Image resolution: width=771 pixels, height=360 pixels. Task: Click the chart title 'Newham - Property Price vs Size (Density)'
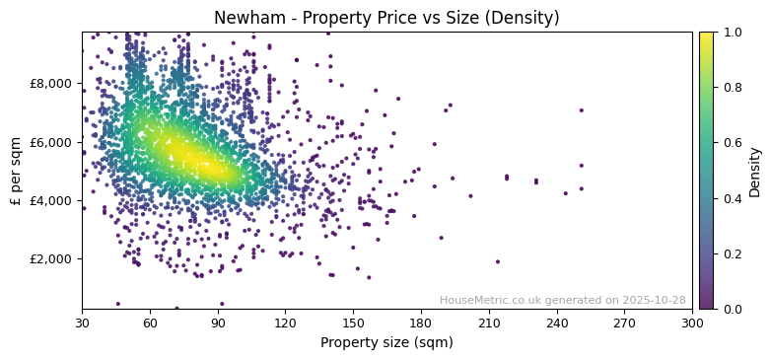pyautogui.click(x=386, y=18)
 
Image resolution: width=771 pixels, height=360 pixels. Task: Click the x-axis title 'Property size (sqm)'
pyautogui.click(x=386, y=343)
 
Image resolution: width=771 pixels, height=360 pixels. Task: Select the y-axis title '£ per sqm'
pyautogui.click(x=17, y=171)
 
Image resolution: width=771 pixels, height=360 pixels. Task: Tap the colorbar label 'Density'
pyautogui.click(x=755, y=171)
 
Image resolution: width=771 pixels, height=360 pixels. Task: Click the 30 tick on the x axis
pyautogui.click(x=82, y=323)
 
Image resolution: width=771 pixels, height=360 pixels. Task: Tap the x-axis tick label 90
pyautogui.click(x=218, y=323)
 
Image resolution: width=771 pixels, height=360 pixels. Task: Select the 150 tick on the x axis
pyautogui.click(x=353, y=323)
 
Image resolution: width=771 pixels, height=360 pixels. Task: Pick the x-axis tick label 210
pyautogui.click(x=489, y=323)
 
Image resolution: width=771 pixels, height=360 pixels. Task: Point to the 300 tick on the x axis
pyautogui.click(x=692, y=323)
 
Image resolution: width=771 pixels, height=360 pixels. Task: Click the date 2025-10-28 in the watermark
pyautogui.click(x=655, y=301)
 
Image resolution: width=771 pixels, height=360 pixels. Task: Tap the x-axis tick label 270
pyautogui.click(x=624, y=323)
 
